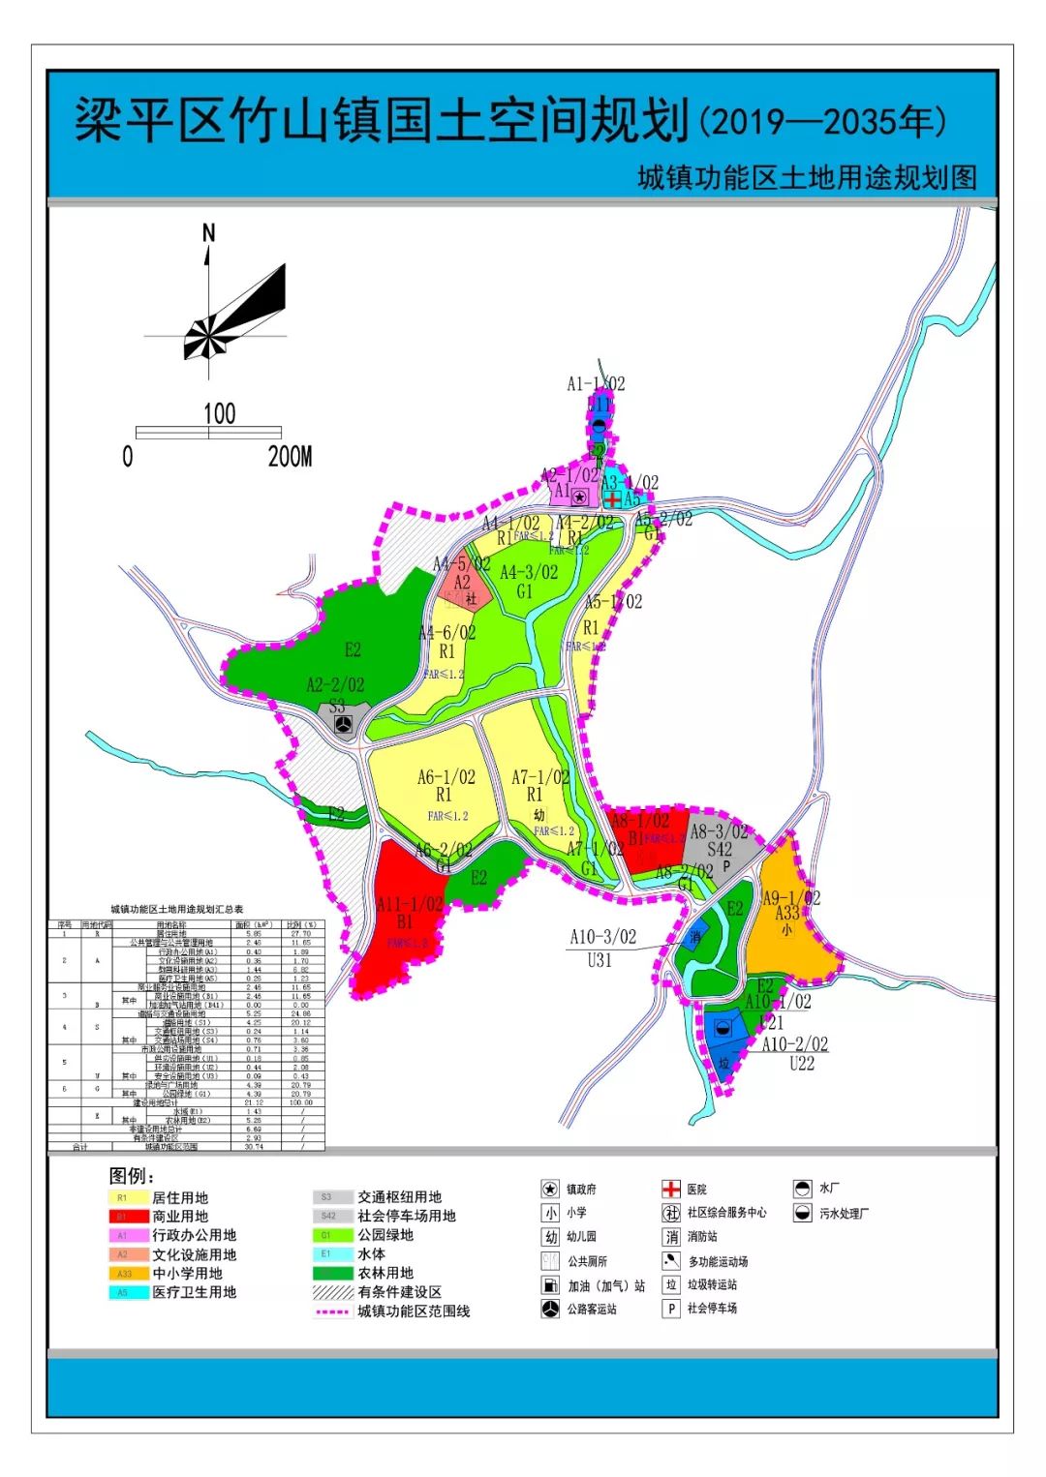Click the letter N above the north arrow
[208, 232]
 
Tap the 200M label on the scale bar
[290, 456]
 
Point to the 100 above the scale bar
[219, 413]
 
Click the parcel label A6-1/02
[446, 777]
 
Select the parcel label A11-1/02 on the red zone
[410, 904]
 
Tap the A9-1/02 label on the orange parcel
[791, 897]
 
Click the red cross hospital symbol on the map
[613, 499]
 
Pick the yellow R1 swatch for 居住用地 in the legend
[125, 1198]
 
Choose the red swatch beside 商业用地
[125, 1217]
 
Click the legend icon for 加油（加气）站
[550, 1285]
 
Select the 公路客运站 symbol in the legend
[550, 1309]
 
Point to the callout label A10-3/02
[602, 936]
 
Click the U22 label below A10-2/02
[801, 1063]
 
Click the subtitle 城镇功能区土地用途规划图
[807, 178]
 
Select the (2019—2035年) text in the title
[822, 122]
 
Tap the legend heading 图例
[132, 1175]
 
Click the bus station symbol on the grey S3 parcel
[341, 724]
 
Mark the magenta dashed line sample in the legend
[331, 1311]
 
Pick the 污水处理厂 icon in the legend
[802, 1213]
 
